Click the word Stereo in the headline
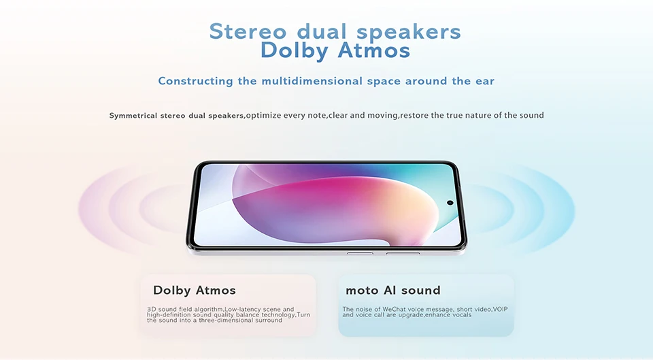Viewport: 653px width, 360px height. pos(248,32)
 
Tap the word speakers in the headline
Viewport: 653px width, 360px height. pos(409,32)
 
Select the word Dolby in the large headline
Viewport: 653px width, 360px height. pos(295,51)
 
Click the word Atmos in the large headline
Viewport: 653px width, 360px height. pos(373,50)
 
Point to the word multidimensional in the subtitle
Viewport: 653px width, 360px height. pos(312,81)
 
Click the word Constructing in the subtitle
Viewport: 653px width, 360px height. pos(195,81)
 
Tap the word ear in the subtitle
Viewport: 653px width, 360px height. pos(485,81)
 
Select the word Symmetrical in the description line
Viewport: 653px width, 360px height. pos(133,116)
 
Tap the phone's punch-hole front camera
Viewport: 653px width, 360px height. pos(450,203)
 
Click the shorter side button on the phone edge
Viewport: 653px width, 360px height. pos(360,253)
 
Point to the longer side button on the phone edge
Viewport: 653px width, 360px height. pos(403,253)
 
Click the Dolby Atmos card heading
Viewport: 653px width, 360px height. pos(195,290)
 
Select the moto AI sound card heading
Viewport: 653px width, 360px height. pos(392,290)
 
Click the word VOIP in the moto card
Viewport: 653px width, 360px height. pos(500,309)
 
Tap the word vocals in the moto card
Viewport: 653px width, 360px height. pos(461,314)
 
